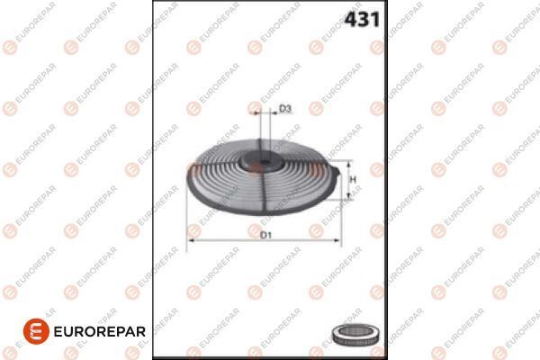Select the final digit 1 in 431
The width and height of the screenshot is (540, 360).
[373, 19]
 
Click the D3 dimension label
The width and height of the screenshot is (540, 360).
[284, 109]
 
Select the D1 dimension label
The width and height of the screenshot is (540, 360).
[265, 235]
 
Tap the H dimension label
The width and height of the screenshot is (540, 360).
[354, 180]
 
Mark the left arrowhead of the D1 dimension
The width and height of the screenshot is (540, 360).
[190, 241]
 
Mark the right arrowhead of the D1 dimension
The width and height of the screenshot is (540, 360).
[336, 241]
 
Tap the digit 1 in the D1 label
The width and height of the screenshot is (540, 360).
[268, 235]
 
